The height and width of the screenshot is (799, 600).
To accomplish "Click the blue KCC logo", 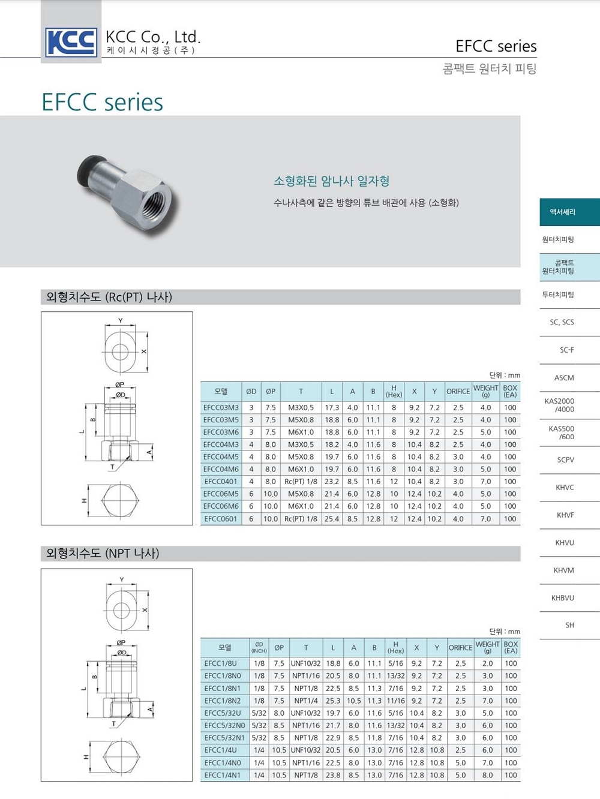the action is (x=71, y=42).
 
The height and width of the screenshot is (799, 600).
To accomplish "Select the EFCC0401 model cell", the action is (x=221, y=482).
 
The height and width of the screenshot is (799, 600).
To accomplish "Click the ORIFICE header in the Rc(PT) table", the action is (x=458, y=391).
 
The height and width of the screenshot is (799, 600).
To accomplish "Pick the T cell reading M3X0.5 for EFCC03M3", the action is (x=301, y=408).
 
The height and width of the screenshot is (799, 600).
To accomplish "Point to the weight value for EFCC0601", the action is (x=485, y=519).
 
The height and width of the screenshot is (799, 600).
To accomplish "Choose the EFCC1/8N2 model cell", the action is (x=224, y=701).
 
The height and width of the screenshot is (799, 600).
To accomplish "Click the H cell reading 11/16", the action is (x=396, y=701).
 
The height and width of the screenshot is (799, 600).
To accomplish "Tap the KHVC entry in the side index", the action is (x=565, y=488).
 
